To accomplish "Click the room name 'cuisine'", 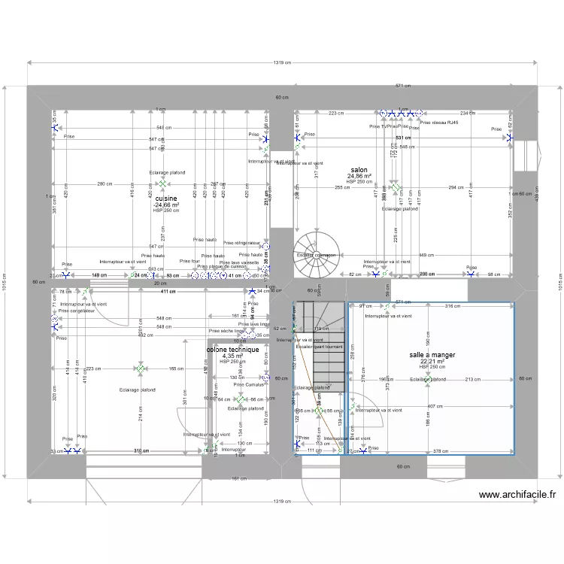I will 166,199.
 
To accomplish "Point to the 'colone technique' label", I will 233,350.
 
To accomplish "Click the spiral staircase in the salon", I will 311,249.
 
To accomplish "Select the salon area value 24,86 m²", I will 359,176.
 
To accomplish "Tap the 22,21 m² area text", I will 432,361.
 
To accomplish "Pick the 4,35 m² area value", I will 233,356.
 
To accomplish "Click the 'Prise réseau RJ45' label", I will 439,122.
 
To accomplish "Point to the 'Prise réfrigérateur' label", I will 241,243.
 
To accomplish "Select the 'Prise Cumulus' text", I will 249,384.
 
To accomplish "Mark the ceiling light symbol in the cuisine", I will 162,183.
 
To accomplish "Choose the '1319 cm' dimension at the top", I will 283,63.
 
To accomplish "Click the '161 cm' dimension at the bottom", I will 240,478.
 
